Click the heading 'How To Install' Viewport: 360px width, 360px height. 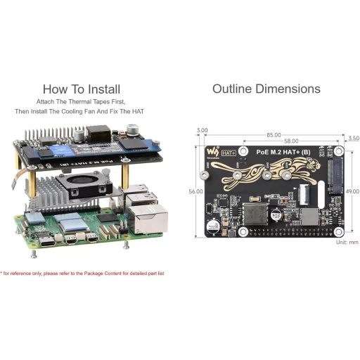tap(81, 89)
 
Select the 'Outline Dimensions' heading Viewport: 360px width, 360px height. tap(266, 89)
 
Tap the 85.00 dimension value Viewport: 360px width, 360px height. tap(273, 135)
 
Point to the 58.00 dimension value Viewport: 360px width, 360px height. tap(282, 142)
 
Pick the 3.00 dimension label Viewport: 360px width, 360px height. tap(202, 130)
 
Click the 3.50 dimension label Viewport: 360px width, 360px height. tap(354, 139)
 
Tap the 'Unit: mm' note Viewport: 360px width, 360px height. tap(347, 242)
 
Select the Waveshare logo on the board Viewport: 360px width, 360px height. tap(211, 152)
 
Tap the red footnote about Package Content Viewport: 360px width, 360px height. tap(82, 273)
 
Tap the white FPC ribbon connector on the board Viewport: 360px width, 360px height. tap(309, 192)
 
